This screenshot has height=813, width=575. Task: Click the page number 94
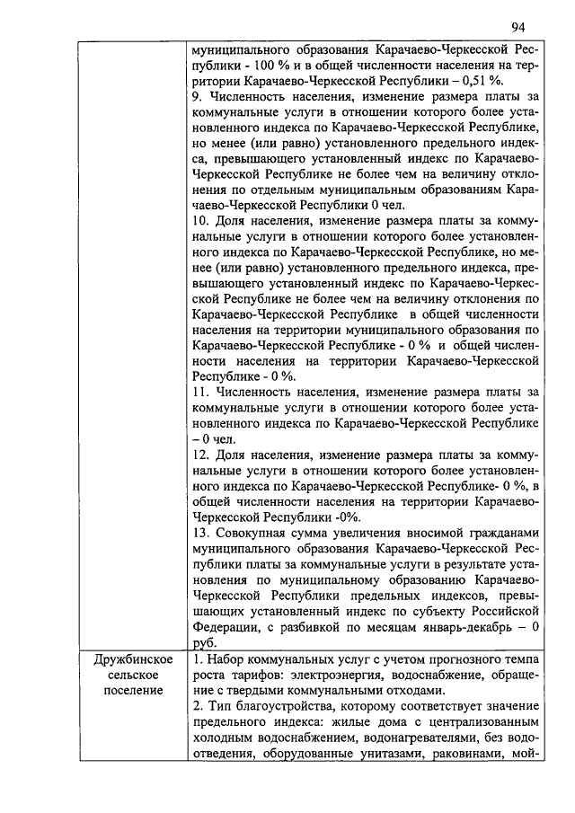[x=517, y=26]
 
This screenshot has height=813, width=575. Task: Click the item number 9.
[x=197, y=94]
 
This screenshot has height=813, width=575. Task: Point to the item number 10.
[x=200, y=218]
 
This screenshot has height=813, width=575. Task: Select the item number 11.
[x=200, y=393]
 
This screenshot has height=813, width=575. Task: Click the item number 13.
[x=200, y=531]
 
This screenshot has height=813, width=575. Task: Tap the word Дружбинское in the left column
[x=133, y=660]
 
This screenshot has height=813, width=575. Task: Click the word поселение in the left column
[x=133, y=690]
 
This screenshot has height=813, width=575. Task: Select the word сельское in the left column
[x=133, y=675]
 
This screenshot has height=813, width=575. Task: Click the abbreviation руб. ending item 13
[x=202, y=641]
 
